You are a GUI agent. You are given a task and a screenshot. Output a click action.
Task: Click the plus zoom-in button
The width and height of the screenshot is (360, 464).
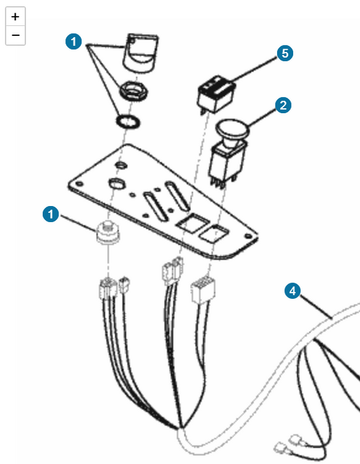(x=15, y=17)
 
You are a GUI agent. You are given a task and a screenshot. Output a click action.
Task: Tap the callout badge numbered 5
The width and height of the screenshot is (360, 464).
(x=285, y=53)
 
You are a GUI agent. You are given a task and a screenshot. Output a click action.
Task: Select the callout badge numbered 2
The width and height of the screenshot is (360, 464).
(x=283, y=105)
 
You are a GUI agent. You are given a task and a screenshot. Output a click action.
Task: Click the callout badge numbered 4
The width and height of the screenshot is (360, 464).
(x=292, y=291)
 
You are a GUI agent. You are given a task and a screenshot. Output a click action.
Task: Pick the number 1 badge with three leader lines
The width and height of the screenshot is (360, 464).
(x=74, y=41)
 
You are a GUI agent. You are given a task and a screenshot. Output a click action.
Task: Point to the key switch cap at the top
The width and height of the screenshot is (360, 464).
(x=141, y=53)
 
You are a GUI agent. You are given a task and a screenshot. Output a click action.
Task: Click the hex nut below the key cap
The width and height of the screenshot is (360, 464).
(x=134, y=91)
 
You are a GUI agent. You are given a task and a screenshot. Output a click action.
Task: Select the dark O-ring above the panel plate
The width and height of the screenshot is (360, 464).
(x=128, y=122)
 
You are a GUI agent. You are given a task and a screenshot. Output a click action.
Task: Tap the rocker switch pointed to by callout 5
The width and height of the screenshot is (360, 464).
(x=216, y=94)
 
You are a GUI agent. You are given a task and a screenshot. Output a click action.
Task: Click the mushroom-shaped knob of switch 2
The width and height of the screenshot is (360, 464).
(x=233, y=130)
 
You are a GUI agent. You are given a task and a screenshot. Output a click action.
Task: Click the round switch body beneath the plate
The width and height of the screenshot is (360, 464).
(x=108, y=232)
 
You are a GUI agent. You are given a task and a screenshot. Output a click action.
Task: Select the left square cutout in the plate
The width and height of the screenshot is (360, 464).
(x=192, y=223)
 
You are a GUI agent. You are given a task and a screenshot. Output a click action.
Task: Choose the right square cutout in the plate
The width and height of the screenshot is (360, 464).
(x=214, y=234)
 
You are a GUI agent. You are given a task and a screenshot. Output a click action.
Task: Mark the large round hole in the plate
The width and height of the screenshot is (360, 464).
(x=117, y=183)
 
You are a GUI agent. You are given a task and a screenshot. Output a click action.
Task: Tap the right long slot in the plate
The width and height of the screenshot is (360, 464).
(x=176, y=195)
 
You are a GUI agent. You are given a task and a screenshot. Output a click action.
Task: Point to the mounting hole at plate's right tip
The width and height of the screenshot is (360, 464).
(x=248, y=236)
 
